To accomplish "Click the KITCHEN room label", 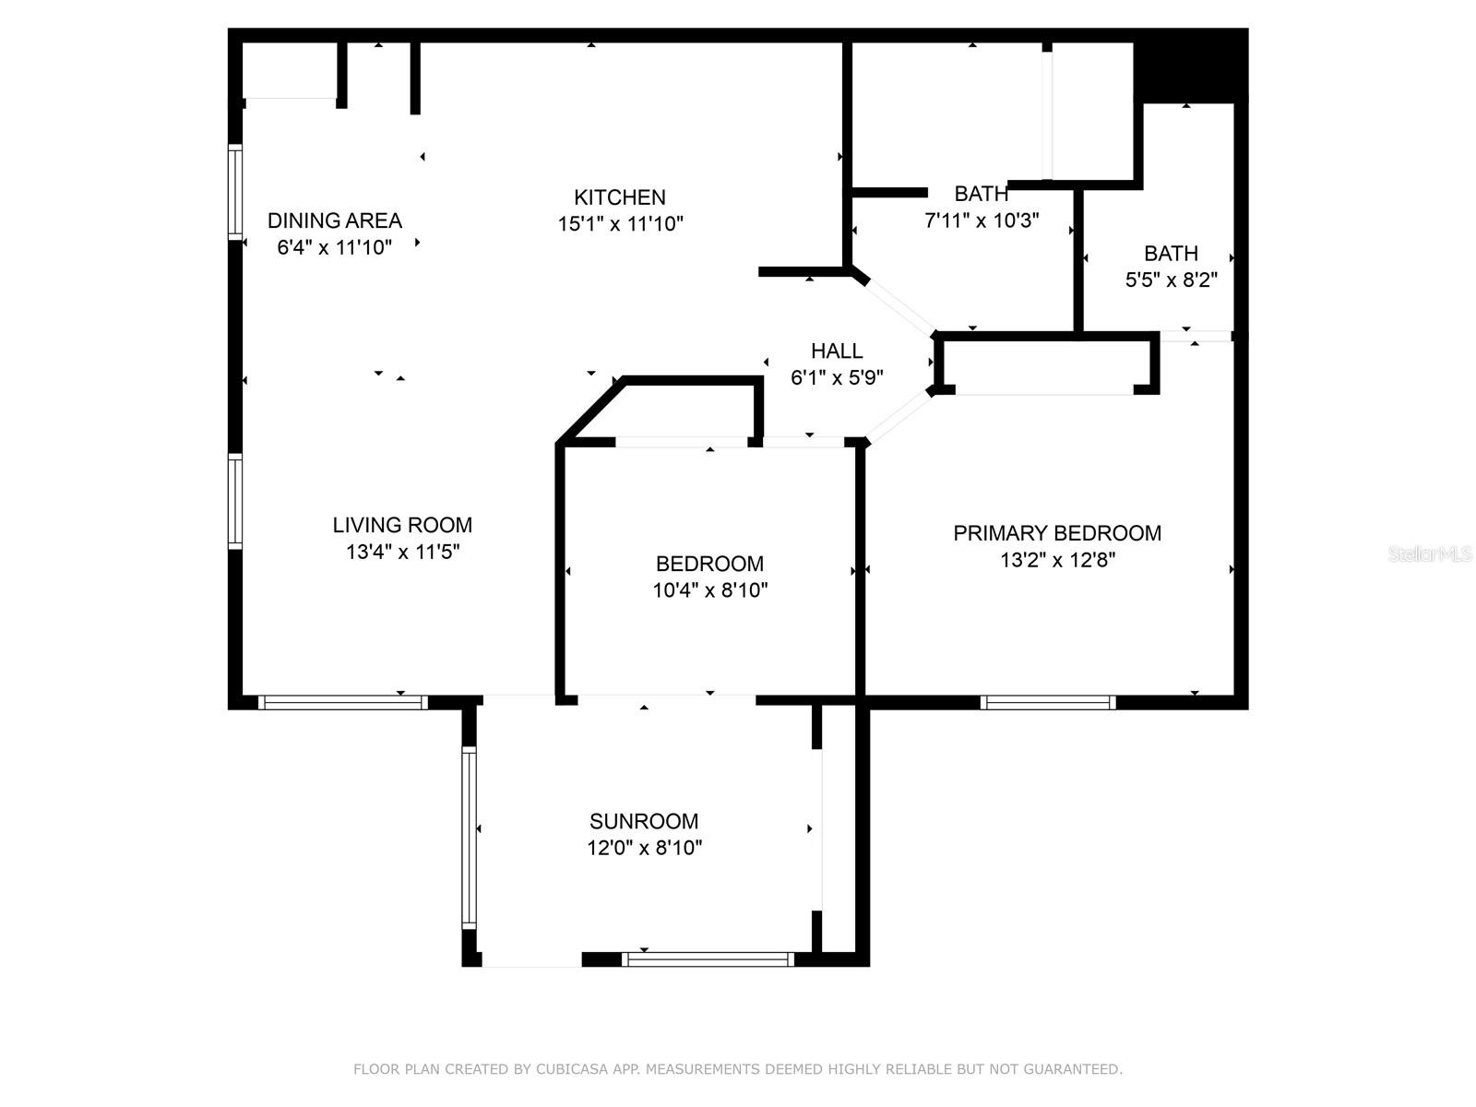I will point(619,197).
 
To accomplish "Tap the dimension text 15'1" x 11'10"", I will point(620,224).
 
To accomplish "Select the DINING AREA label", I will point(334,220).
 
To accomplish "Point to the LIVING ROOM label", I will point(402,525).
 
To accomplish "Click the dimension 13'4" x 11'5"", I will point(402,552).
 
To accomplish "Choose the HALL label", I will point(837,351).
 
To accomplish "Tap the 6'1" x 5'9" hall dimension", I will point(837,377).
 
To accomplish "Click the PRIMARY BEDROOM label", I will point(1057,533).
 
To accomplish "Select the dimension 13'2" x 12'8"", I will point(1057,560).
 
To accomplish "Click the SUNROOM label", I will point(644,821).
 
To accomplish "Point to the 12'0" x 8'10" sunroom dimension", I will point(644,848).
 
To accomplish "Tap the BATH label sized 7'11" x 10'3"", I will point(981,194).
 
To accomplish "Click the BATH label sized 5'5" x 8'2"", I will point(1171,253).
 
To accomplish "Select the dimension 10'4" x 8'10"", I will point(710,590).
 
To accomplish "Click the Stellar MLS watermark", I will point(1429,553).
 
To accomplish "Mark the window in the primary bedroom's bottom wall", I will point(1048,703).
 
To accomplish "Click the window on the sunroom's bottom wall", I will point(708,959).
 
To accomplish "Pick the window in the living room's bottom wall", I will point(343,703).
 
